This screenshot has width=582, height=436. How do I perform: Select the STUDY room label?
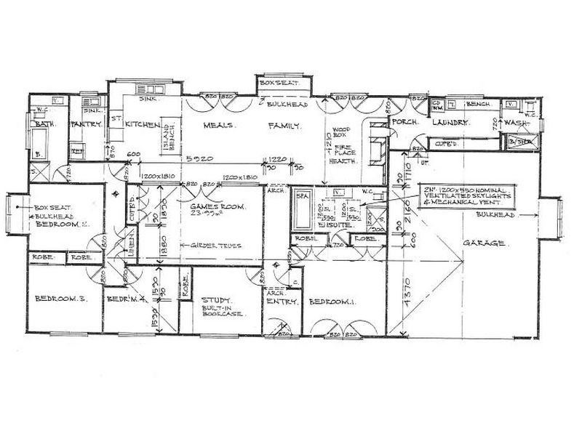[x=216, y=299]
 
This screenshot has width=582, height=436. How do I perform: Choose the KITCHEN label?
[x=143, y=125]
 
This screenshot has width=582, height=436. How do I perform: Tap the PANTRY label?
[x=84, y=125]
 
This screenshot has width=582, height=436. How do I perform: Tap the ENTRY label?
[x=279, y=301]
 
